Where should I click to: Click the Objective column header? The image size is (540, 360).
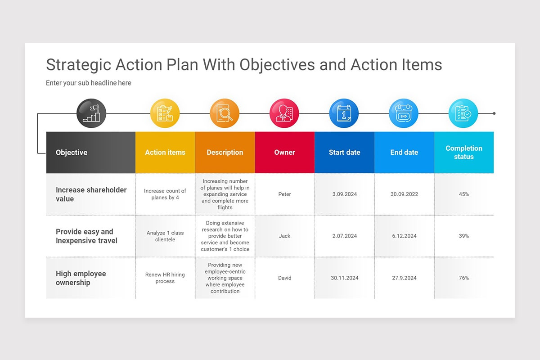click(72, 153)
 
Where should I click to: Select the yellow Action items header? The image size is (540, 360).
click(165, 153)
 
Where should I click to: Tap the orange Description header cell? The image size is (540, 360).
click(225, 153)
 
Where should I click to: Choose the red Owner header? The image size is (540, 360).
click(285, 153)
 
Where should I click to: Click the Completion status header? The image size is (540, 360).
click(464, 153)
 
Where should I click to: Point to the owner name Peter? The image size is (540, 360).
click(285, 194)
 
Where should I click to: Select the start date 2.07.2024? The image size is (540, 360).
click(345, 236)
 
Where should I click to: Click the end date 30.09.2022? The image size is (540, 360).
click(405, 194)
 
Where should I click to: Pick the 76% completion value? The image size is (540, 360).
click(464, 278)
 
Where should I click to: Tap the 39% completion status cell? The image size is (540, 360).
click(464, 236)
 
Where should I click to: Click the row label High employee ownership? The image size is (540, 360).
click(81, 278)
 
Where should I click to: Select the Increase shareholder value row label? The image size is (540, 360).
click(91, 194)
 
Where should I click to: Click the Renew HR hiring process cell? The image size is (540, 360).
click(165, 278)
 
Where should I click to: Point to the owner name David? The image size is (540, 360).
click(285, 278)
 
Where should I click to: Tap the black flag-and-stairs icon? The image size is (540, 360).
click(91, 113)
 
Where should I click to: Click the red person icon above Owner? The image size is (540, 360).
click(284, 113)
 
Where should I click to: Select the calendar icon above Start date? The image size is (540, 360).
click(344, 113)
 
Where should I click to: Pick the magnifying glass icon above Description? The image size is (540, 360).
click(225, 113)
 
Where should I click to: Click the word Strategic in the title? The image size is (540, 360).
click(79, 65)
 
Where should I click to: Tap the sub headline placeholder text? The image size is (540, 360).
click(89, 83)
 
